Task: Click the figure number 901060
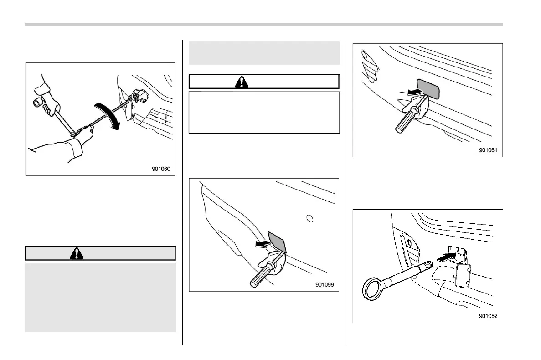point(160,169)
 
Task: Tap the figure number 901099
point(324,285)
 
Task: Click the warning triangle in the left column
point(77,253)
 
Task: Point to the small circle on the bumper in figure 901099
point(310,219)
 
